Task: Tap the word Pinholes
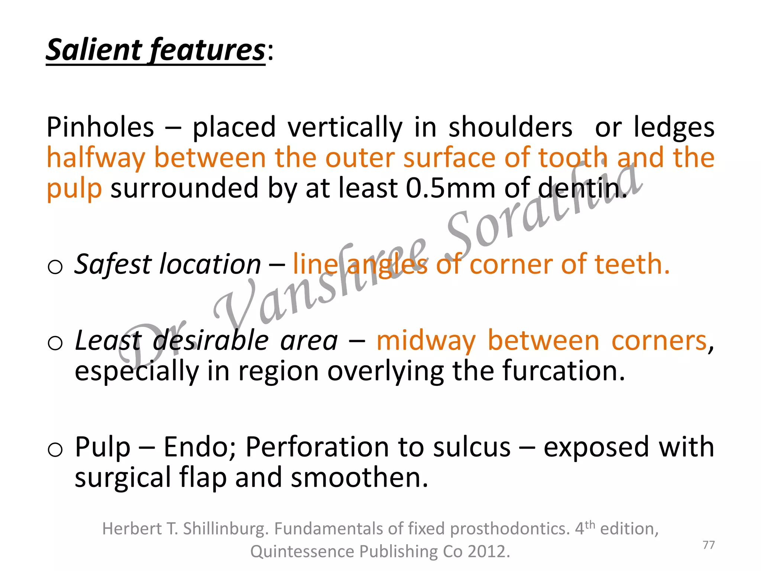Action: (100, 128)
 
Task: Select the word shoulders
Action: (511, 128)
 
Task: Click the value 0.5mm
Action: (450, 188)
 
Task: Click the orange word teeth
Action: (632, 264)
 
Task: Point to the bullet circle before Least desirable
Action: (55, 343)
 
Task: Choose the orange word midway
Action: (426, 341)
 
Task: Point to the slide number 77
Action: (709, 545)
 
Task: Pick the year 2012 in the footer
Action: (488, 552)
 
